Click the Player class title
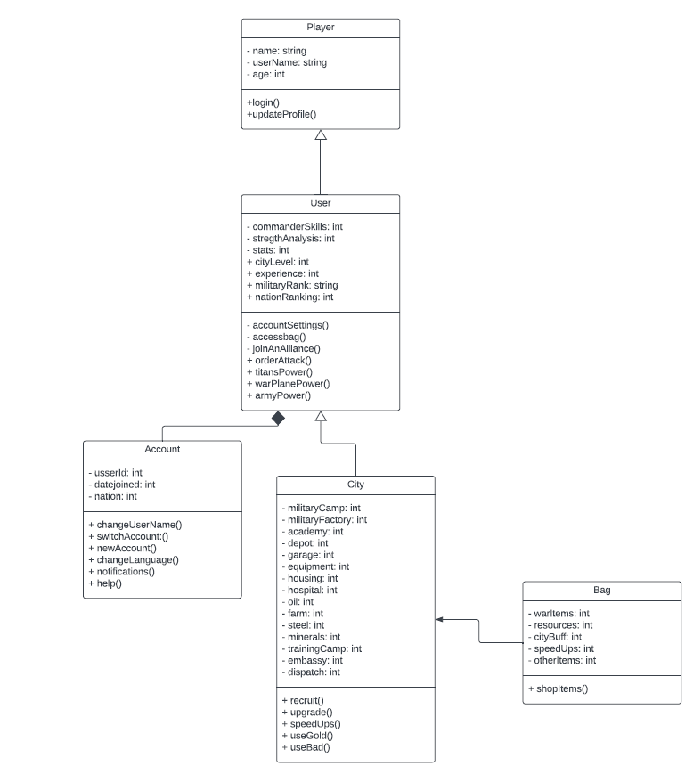pyautogui.click(x=321, y=28)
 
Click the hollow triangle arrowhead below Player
pyautogui.click(x=321, y=135)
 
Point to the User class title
pyautogui.click(x=321, y=203)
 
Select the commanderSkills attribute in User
pyautogui.click(x=294, y=227)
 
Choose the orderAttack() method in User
pyautogui.click(x=284, y=360)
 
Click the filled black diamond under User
pyautogui.click(x=278, y=418)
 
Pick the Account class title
pyautogui.click(x=162, y=449)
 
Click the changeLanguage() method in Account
pyautogui.click(x=134, y=559)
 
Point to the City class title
pyautogui.click(x=355, y=485)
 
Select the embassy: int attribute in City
pyautogui.click(x=312, y=660)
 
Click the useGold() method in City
pyautogui.click(x=307, y=736)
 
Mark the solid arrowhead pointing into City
pyautogui.click(x=440, y=619)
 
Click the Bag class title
pyautogui.click(x=601, y=590)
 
